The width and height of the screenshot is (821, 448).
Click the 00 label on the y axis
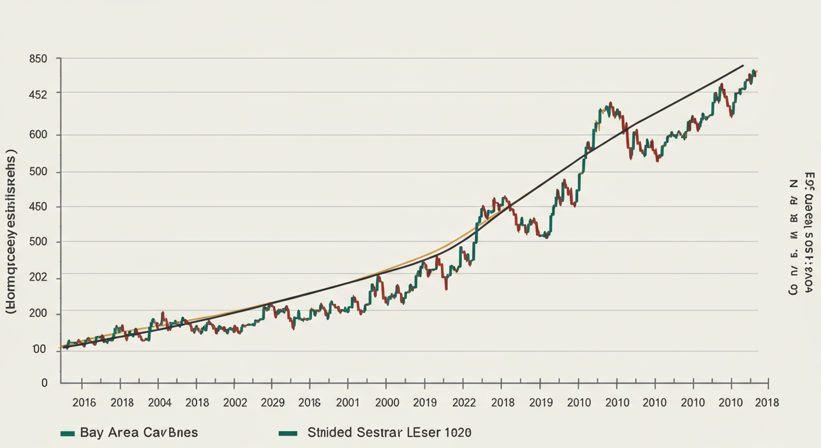[39, 349]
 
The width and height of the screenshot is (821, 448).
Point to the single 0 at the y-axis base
[44, 383]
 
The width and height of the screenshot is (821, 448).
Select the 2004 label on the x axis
[159, 402]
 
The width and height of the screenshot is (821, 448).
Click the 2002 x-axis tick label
[235, 402]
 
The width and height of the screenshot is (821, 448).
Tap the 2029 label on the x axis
[272, 402]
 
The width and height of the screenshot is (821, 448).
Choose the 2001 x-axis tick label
[348, 402]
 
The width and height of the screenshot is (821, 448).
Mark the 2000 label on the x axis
[387, 402]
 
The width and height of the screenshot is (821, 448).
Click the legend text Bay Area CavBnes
[139, 433]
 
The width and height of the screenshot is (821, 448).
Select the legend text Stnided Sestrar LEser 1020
[389, 433]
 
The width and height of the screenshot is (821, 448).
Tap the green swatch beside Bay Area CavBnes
[68, 433]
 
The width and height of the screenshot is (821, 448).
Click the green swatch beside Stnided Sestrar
[288, 433]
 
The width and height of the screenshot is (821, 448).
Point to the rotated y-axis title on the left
[11, 232]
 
